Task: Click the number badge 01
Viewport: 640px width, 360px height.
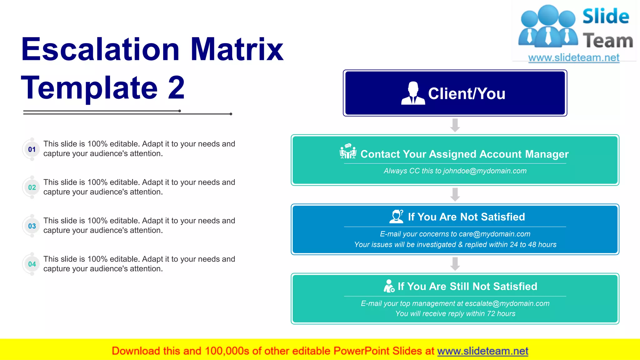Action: click(x=32, y=149)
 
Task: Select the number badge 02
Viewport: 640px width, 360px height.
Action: click(x=32, y=187)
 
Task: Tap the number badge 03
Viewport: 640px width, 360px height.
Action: click(x=32, y=226)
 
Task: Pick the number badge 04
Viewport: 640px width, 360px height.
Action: click(x=32, y=264)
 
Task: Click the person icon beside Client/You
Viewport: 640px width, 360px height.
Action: click(x=413, y=93)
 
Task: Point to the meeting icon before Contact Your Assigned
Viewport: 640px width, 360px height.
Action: click(x=348, y=151)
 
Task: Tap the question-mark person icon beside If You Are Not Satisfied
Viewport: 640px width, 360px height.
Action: click(x=396, y=216)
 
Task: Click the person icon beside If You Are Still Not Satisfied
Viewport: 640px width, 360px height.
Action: click(x=389, y=286)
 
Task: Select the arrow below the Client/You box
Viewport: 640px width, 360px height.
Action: click(x=455, y=125)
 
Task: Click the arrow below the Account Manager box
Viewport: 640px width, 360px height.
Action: click(x=455, y=194)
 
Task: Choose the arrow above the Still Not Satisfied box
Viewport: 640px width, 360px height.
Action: click(x=455, y=264)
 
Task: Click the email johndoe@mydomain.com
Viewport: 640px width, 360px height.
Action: click(x=485, y=171)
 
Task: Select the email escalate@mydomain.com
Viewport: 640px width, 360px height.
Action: click(x=507, y=303)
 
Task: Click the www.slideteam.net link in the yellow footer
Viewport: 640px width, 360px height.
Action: click(x=482, y=351)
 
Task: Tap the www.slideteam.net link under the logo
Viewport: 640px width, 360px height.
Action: click(x=574, y=57)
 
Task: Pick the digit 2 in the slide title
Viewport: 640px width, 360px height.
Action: click(x=176, y=87)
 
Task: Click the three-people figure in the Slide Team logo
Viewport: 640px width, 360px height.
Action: click(x=547, y=26)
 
